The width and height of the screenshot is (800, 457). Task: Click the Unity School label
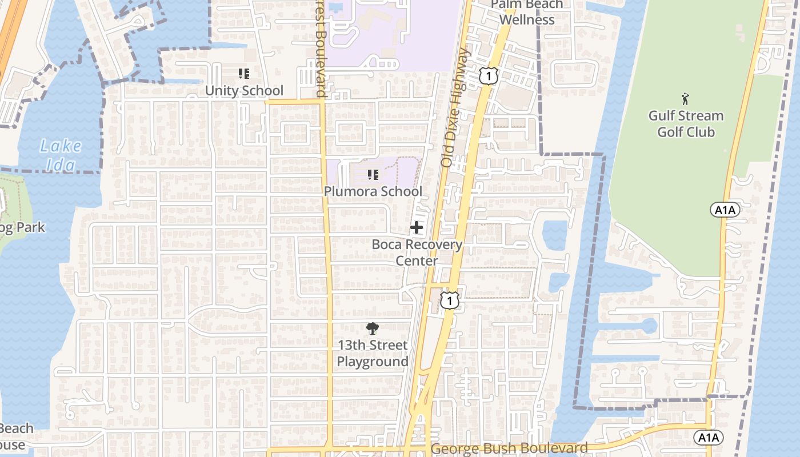pyautogui.click(x=244, y=91)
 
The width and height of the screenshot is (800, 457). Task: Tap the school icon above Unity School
pyautogui.click(x=244, y=74)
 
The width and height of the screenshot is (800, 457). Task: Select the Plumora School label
pyautogui.click(x=373, y=191)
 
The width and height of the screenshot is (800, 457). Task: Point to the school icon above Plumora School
pyautogui.click(x=373, y=175)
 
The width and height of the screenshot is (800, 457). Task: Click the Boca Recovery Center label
pyautogui.click(x=417, y=252)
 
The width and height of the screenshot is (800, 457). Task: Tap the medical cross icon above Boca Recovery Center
pyautogui.click(x=417, y=227)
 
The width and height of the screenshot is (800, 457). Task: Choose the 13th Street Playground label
pyautogui.click(x=373, y=353)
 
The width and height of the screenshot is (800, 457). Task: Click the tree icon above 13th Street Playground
pyautogui.click(x=373, y=328)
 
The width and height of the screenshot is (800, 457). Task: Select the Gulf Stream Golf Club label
pyautogui.click(x=686, y=123)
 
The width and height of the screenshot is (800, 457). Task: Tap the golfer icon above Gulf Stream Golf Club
pyautogui.click(x=685, y=99)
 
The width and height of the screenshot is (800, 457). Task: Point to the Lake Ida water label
pyautogui.click(x=60, y=155)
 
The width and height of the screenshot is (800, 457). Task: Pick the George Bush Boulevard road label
pyautogui.click(x=509, y=448)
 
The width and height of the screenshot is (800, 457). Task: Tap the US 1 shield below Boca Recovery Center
pyautogui.click(x=450, y=300)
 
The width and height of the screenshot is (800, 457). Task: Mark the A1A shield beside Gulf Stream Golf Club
pyautogui.click(x=725, y=210)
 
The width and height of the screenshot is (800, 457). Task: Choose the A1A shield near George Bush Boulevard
pyautogui.click(x=709, y=438)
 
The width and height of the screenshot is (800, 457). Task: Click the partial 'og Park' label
pyautogui.click(x=22, y=227)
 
